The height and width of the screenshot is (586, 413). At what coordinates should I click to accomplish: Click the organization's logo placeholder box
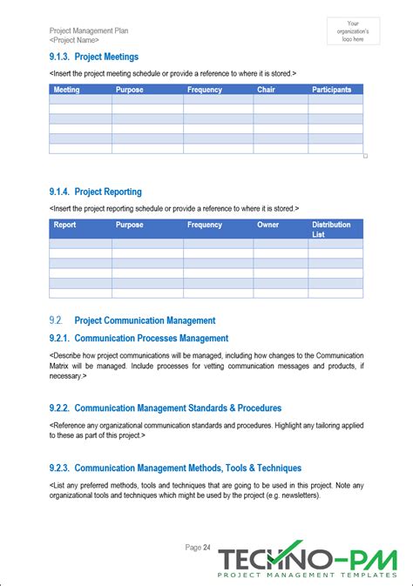[353, 31]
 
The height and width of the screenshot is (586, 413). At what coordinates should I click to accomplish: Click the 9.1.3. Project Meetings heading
[95, 57]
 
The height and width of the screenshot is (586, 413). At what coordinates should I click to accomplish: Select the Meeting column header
[66, 90]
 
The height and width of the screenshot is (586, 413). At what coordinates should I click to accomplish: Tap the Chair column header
[267, 90]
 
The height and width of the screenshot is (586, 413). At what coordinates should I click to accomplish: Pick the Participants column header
[332, 90]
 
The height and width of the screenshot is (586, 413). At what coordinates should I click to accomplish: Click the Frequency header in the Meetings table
[205, 90]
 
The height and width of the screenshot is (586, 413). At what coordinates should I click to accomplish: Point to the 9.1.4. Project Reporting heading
[96, 192]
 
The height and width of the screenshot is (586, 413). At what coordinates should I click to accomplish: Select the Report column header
[65, 225]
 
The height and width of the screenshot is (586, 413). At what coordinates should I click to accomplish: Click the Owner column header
[268, 225]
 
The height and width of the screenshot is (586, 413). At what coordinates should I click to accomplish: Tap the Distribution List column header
[331, 229]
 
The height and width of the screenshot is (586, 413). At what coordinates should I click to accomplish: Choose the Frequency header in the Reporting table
[205, 225]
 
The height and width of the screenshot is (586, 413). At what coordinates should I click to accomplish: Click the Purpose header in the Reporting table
[130, 225]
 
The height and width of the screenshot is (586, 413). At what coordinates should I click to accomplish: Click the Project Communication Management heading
[145, 320]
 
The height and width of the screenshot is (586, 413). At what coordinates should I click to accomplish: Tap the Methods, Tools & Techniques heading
[187, 468]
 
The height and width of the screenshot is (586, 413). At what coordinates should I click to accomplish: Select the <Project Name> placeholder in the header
[74, 40]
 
